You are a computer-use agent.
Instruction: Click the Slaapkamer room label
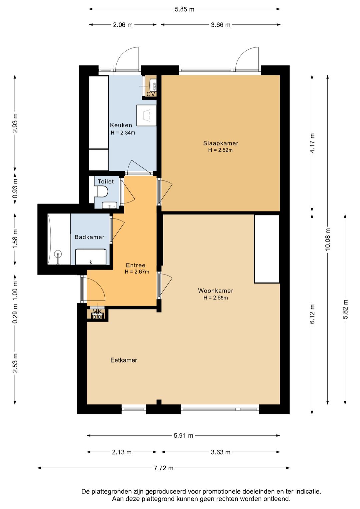click(x=221, y=143)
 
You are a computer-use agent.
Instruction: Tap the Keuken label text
click(x=121, y=125)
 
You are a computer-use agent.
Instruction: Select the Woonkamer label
click(x=216, y=291)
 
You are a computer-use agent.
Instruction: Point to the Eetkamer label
click(x=124, y=360)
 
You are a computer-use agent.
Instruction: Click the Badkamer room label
click(x=89, y=237)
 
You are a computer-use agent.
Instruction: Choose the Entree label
click(x=136, y=265)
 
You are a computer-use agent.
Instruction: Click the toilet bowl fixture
click(x=101, y=191)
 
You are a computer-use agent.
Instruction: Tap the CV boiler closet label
click(x=151, y=94)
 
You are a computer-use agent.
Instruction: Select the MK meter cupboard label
click(x=97, y=311)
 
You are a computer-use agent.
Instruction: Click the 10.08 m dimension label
click(x=327, y=239)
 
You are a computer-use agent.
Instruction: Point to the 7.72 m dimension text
click(x=164, y=468)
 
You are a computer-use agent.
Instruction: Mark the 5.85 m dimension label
click(x=184, y=9)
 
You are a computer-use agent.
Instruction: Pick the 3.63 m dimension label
click(x=221, y=452)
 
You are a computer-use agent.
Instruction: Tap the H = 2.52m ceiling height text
click(x=220, y=150)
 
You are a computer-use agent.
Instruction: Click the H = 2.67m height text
click(x=137, y=272)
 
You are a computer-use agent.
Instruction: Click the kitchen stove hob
click(x=146, y=115)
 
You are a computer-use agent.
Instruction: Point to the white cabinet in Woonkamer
click(x=267, y=249)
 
